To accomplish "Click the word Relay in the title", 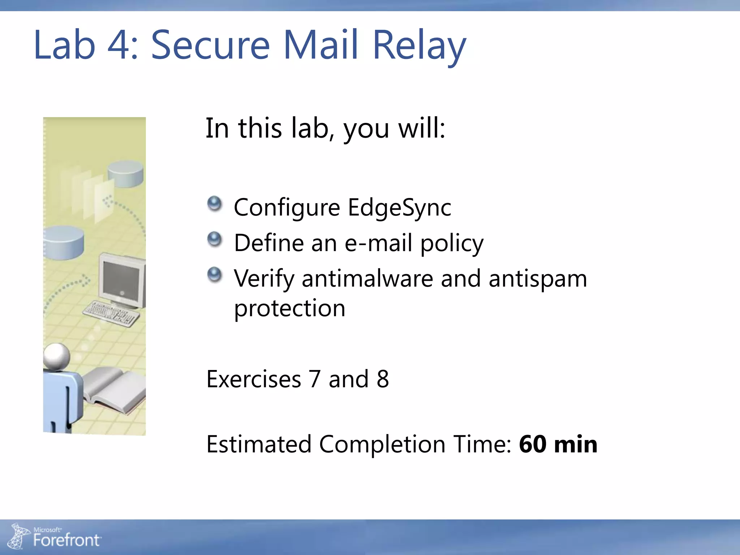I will tap(419, 45).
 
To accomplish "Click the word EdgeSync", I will tap(399, 208).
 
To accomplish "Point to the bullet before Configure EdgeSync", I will tap(215, 204).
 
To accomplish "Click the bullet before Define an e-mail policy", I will tap(215, 239).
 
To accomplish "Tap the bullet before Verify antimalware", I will tap(215, 275).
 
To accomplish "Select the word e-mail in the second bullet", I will tap(378, 243).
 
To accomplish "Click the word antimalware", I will tap(367, 279).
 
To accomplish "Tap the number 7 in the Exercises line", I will tap(315, 379).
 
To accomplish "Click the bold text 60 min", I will tap(558, 444).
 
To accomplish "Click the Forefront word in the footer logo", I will tap(66, 540).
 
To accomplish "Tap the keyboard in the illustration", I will tap(111, 313).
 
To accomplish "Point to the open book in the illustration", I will tap(114, 388).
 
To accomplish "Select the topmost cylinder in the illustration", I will tap(125, 174).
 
